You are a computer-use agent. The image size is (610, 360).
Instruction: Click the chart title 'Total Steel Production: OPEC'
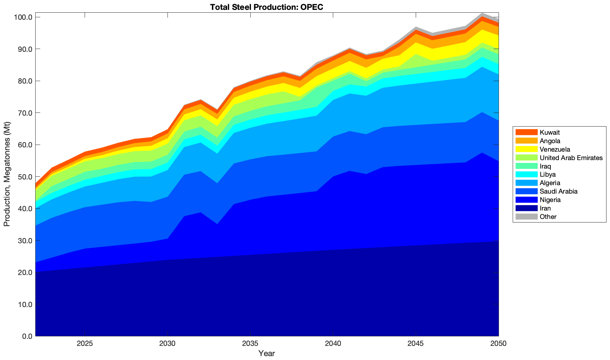[x=267, y=7]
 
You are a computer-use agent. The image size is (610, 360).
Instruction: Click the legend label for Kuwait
[x=550, y=133]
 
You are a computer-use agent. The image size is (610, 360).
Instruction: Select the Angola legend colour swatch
[x=526, y=141]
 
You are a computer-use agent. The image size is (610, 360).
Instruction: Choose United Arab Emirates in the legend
[x=571, y=158]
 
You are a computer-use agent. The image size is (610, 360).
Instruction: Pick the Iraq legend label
[x=545, y=166]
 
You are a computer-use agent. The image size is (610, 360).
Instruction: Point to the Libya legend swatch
[x=526, y=175]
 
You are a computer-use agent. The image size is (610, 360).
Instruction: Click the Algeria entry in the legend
[x=550, y=183]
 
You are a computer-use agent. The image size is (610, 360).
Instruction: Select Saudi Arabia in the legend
[x=559, y=191]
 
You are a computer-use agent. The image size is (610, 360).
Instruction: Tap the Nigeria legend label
[x=550, y=200]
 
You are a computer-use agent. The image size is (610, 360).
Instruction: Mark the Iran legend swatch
[x=526, y=208]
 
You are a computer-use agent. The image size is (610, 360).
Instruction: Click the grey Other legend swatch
[x=526, y=217]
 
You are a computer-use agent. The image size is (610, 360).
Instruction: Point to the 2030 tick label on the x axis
[x=167, y=344]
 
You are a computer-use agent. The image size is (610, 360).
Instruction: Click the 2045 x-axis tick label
[x=416, y=344]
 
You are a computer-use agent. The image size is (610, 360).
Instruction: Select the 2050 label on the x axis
[x=499, y=344]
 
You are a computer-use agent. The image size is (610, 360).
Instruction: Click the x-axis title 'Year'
[x=267, y=353]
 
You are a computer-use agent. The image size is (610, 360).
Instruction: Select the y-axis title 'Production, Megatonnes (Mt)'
[x=7, y=174]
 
